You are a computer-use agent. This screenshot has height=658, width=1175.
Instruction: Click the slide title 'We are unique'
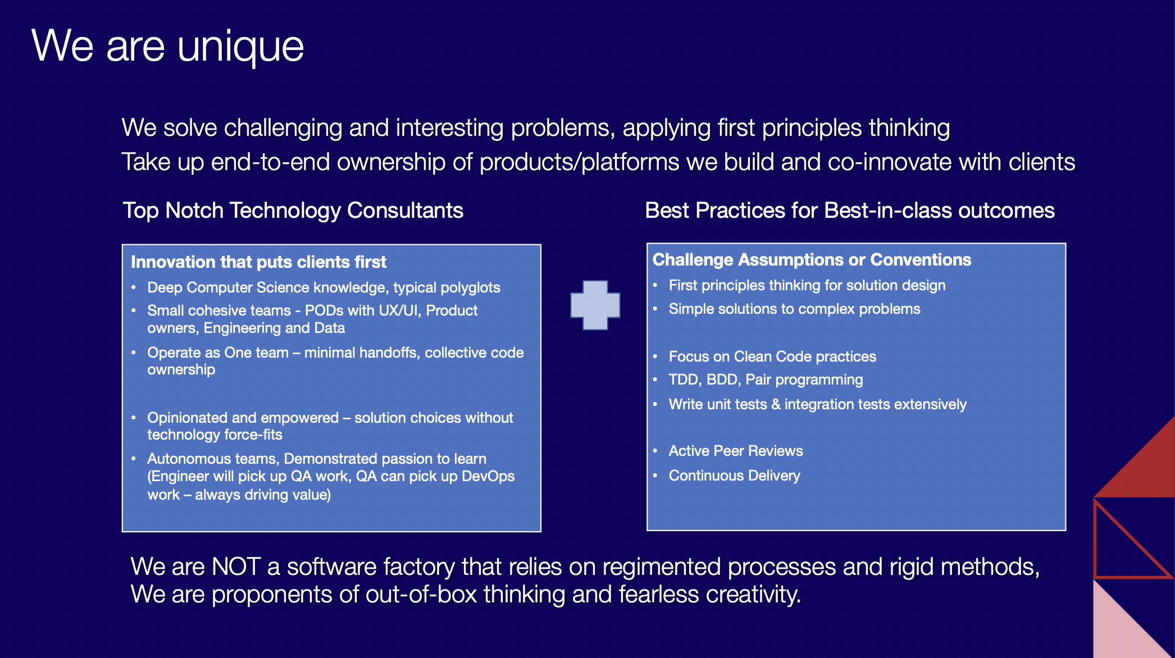point(167,46)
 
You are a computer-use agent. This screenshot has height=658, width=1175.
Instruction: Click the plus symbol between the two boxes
point(595,305)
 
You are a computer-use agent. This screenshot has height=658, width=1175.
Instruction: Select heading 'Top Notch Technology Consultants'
point(293,211)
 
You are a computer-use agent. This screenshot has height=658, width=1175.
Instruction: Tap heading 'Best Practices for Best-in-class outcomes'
point(849,211)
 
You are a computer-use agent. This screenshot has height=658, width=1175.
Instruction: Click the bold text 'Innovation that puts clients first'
point(258,262)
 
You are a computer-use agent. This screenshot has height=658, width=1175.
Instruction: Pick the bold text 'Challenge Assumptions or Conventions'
point(812,260)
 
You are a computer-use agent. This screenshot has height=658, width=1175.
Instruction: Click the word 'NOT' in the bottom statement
point(236,566)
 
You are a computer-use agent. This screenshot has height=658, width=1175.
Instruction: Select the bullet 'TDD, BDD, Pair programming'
point(765,380)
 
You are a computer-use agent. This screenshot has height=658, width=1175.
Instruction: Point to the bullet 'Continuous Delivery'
point(734,476)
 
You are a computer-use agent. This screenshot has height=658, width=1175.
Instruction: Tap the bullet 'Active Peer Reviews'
point(735,451)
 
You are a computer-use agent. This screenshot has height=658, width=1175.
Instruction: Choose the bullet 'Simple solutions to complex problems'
point(794,309)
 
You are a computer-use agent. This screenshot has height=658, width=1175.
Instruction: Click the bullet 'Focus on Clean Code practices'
point(772,357)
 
